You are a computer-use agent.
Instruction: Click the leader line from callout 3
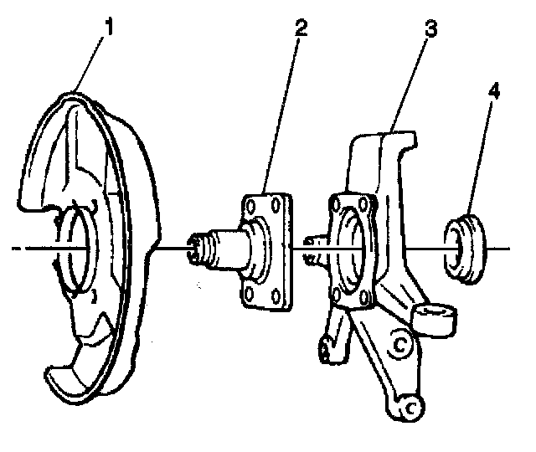pos(411,84)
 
